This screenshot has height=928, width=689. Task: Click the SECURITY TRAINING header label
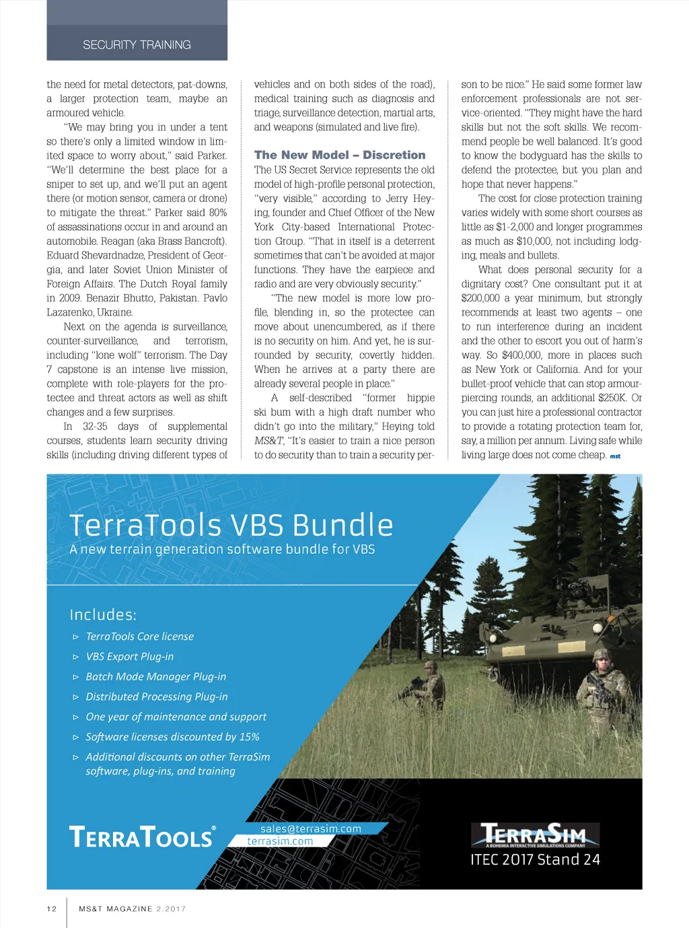pyautogui.click(x=137, y=45)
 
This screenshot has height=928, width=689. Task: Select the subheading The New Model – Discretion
pyautogui.click(x=340, y=155)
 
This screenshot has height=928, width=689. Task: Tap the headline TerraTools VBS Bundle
pyautogui.click(x=231, y=525)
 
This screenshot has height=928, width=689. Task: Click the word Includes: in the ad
pyautogui.click(x=103, y=614)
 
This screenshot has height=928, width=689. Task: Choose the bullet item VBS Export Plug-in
pyautogui.click(x=129, y=656)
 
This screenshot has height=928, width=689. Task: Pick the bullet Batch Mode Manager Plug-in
pyautogui.click(x=155, y=676)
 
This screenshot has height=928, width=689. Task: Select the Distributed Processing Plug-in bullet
pyautogui.click(x=156, y=697)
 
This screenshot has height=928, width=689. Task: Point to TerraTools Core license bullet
pyautogui.click(x=139, y=636)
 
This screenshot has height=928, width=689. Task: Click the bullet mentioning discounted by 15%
pyautogui.click(x=172, y=737)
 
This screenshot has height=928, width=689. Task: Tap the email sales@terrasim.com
pyautogui.click(x=310, y=829)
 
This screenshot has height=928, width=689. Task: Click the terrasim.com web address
pyautogui.click(x=280, y=841)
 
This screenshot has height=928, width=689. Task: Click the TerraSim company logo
pyautogui.click(x=534, y=834)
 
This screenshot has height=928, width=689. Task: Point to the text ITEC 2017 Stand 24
pyautogui.click(x=535, y=859)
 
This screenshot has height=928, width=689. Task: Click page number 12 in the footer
pyautogui.click(x=52, y=908)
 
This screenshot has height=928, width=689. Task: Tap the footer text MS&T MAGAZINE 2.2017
pyautogui.click(x=132, y=908)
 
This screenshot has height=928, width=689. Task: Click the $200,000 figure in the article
pyautogui.click(x=480, y=298)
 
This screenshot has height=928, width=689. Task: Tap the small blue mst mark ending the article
pyautogui.click(x=615, y=456)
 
